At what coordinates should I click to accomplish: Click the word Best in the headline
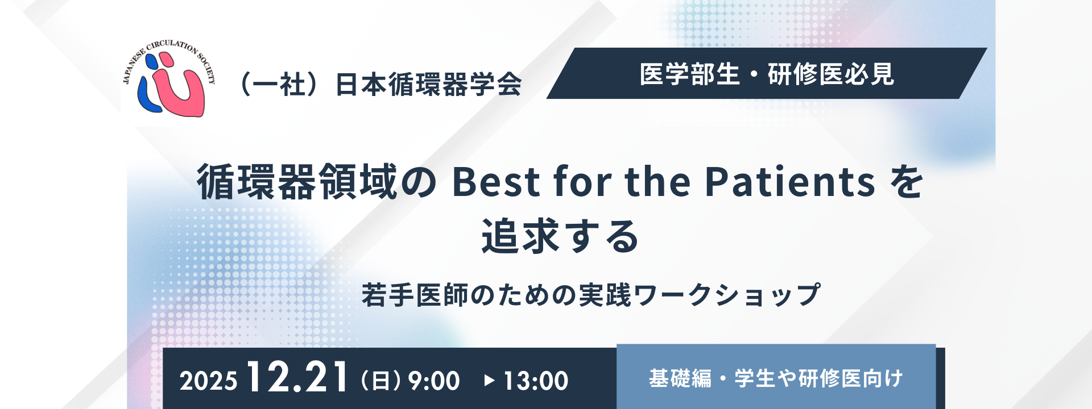point(496,182)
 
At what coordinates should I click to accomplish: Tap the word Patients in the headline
point(790,182)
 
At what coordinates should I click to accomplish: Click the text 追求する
point(560,236)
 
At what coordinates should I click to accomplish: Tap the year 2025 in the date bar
point(208,381)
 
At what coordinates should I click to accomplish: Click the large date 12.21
point(297,377)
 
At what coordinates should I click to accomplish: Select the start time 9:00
point(434,381)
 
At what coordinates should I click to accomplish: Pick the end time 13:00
point(536,381)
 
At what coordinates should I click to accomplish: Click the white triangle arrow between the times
point(489,380)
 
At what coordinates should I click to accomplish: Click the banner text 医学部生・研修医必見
point(767,74)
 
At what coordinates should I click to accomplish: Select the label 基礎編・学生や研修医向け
point(776,378)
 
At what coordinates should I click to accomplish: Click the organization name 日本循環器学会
point(428,85)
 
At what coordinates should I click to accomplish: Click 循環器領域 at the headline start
point(296,182)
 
